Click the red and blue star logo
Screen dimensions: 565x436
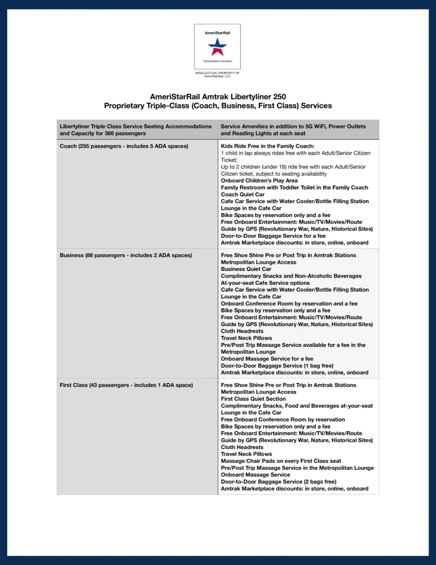click(x=217, y=47)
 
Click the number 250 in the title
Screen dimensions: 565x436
click(x=279, y=97)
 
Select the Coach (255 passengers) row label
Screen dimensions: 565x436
click(x=124, y=146)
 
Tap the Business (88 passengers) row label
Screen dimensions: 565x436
click(x=126, y=256)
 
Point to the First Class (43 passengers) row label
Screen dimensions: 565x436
click(x=126, y=385)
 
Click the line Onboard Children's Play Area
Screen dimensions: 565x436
click(x=259, y=181)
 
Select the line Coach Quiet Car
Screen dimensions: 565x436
click(x=243, y=194)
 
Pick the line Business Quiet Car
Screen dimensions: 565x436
click(x=246, y=269)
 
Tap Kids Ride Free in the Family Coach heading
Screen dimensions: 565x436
click(x=267, y=146)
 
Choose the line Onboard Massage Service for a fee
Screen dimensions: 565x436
click(x=267, y=359)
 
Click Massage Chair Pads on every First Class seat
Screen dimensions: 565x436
click(x=281, y=461)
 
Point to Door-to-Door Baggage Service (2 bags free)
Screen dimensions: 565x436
click(x=279, y=482)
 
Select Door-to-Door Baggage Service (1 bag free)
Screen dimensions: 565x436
click(x=277, y=366)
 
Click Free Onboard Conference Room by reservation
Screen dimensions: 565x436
click(x=283, y=420)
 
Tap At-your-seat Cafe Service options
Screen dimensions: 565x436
click(x=265, y=283)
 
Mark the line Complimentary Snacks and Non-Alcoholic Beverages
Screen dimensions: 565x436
click(x=291, y=276)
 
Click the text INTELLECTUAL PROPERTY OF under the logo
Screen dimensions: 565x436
click(x=217, y=73)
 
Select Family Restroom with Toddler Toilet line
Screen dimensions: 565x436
click(x=294, y=187)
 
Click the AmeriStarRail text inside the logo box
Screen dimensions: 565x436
click(x=217, y=33)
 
